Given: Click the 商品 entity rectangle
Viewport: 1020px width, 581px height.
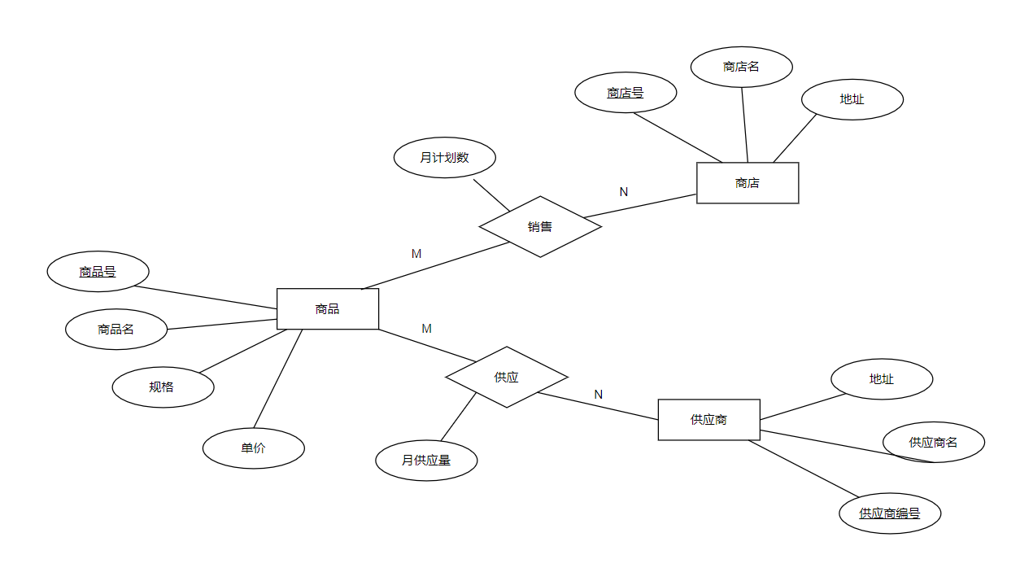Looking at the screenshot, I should (328, 309).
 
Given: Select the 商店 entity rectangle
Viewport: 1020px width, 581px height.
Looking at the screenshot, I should (748, 183).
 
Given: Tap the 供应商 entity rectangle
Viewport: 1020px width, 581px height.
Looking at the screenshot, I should (708, 420).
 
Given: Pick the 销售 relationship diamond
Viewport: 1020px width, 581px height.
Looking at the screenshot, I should (540, 227).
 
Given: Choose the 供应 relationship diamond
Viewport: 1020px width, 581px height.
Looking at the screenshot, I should (506, 378).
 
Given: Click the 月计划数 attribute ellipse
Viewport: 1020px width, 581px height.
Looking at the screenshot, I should (445, 158).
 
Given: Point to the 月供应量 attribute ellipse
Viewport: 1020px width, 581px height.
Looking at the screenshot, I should (426, 461).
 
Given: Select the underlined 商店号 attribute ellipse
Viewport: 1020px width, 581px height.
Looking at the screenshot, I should (626, 93).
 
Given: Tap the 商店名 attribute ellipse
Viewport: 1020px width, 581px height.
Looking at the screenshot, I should (741, 67).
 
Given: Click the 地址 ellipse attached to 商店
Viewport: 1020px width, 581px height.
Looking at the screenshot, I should (852, 99).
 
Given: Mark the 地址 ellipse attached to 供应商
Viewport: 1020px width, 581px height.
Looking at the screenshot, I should (882, 379).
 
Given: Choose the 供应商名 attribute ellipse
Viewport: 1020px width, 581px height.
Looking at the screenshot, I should (934, 443).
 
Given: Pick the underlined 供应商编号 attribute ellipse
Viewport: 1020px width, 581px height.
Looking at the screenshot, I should (890, 513).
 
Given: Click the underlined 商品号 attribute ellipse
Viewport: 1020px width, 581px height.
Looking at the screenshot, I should (98, 272).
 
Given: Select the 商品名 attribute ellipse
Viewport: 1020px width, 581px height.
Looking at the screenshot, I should (116, 330).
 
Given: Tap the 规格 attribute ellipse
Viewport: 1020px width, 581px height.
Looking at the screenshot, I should (163, 387).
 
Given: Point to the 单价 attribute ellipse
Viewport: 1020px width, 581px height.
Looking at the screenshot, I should (253, 448).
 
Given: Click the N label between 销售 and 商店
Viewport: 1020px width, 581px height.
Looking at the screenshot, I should (624, 192).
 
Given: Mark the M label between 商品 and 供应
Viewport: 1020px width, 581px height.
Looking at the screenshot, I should (426, 329).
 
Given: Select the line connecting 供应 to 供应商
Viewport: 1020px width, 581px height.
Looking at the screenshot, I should (598, 406).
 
